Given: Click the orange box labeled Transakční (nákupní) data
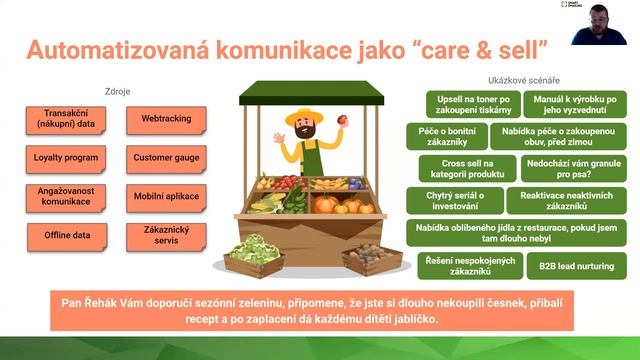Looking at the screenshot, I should (62, 120).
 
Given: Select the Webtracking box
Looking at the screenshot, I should (166, 120).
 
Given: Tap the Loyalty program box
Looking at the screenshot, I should (62, 158).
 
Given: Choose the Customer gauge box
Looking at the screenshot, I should (166, 158).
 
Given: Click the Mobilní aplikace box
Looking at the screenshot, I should (166, 196).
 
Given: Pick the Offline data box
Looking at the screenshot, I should (62, 234).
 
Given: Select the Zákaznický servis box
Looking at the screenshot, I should (166, 236).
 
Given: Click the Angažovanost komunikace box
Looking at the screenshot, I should (62, 196).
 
